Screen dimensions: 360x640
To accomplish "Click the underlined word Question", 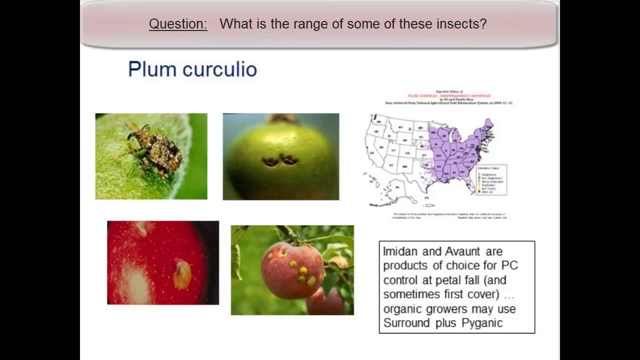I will (178, 23).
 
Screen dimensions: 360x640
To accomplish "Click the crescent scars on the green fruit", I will (280, 161).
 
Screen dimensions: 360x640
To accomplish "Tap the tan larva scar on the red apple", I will (182, 273).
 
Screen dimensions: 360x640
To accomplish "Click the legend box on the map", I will (491, 179).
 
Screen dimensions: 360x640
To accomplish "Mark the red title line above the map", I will (448, 95).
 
